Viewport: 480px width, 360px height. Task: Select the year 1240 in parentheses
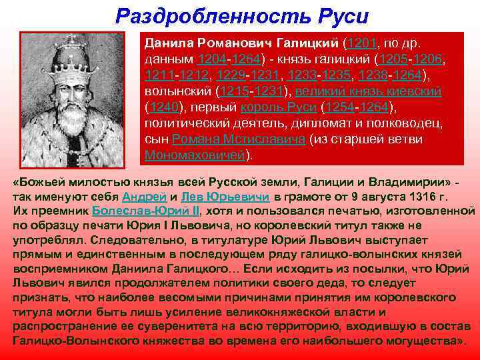coord(163,107)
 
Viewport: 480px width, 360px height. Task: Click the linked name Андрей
coord(140,197)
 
